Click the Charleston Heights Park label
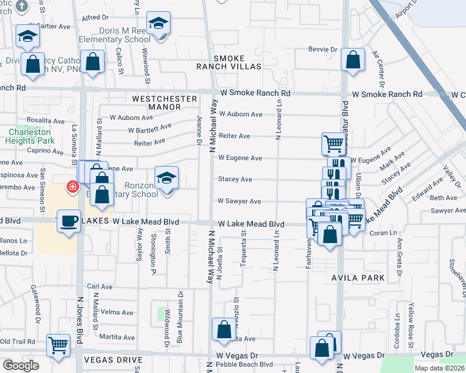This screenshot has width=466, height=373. pyautogui.click(x=31, y=136)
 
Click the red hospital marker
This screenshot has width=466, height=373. pyautogui.click(x=73, y=186)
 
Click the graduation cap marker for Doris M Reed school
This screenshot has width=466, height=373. pyautogui.click(x=159, y=24)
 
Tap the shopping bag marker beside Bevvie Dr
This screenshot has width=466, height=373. pyautogui.click(x=353, y=60)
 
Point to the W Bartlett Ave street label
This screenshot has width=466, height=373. pyautogui.click(x=150, y=129)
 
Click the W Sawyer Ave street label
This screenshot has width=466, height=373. pyautogui.click(x=239, y=201)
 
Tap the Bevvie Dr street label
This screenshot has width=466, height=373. pyautogui.click(x=323, y=49)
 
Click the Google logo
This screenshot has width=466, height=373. pyautogui.click(x=21, y=366)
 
